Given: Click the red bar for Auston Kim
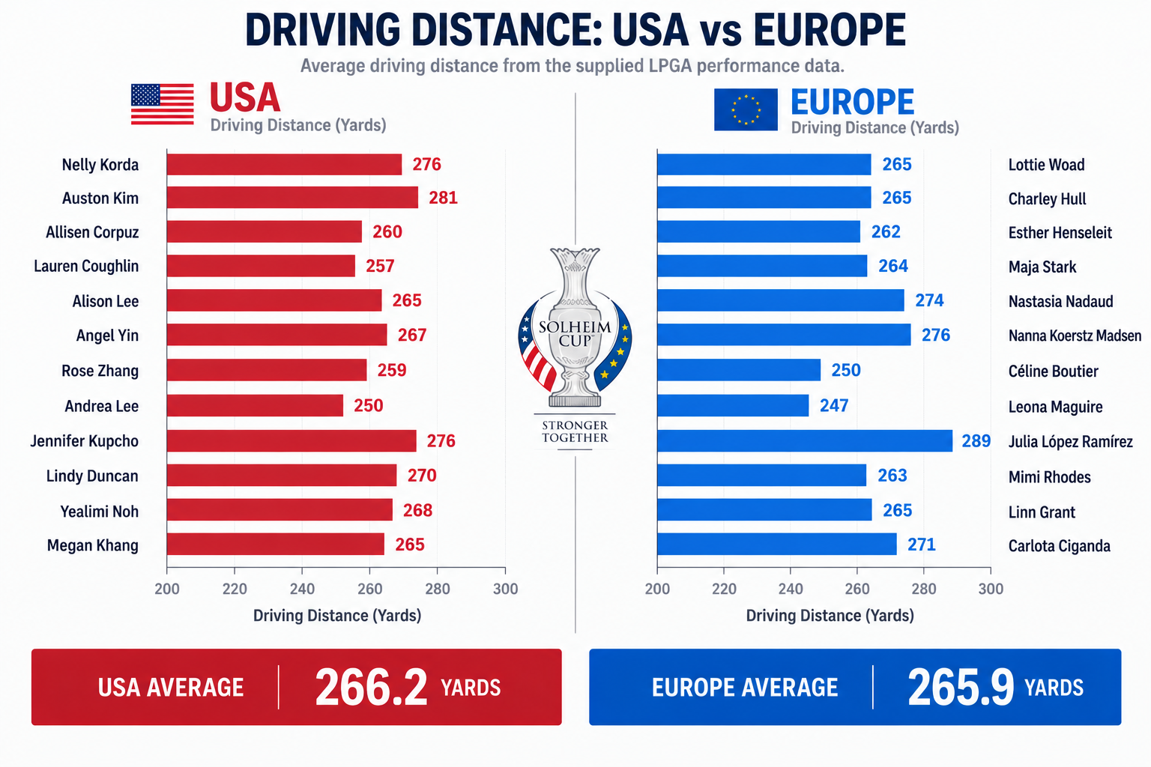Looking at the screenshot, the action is click(x=292, y=198).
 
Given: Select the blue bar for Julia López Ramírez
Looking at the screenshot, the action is click(x=805, y=440).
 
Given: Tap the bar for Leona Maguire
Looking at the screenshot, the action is click(x=733, y=405).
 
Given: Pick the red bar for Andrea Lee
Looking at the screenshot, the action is click(x=255, y=405).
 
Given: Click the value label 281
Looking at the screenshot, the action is click(x=443, y=198).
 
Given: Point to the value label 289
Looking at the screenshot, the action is click(x=976, y=440).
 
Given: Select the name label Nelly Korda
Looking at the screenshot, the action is click(x=100, y=165).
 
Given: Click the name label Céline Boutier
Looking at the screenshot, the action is click(x=1053, y=371).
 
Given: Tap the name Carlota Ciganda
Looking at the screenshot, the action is click(x=1059, y=545).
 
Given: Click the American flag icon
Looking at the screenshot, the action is click(x=163, y=104).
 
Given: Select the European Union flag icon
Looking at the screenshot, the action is click(x=746, y=109).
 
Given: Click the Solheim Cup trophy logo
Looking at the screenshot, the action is click(x=575, y=329).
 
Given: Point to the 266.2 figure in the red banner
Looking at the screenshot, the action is click(x=371, y=687).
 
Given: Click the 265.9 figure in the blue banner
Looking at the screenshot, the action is click(x=961, y=687).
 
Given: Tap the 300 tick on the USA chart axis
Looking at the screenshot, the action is click(x=506, y=589).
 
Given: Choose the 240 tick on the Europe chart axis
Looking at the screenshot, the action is click(x=791, y=589).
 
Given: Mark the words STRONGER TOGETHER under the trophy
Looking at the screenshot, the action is click(x=575, y=431).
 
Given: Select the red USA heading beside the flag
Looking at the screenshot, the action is click(x=245, y=97).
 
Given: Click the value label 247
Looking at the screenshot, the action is click(x=834, y=405).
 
